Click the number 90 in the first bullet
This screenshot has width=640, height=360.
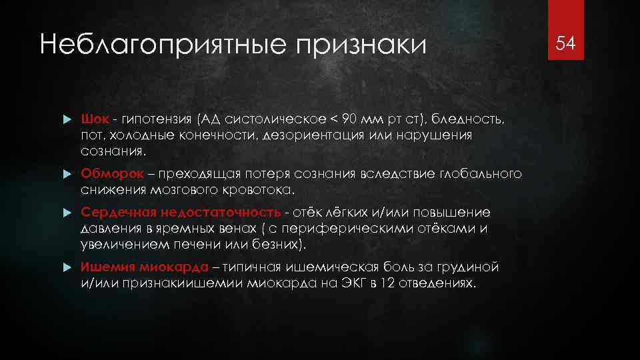[349, 119]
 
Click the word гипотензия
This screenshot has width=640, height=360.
[153, 119]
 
